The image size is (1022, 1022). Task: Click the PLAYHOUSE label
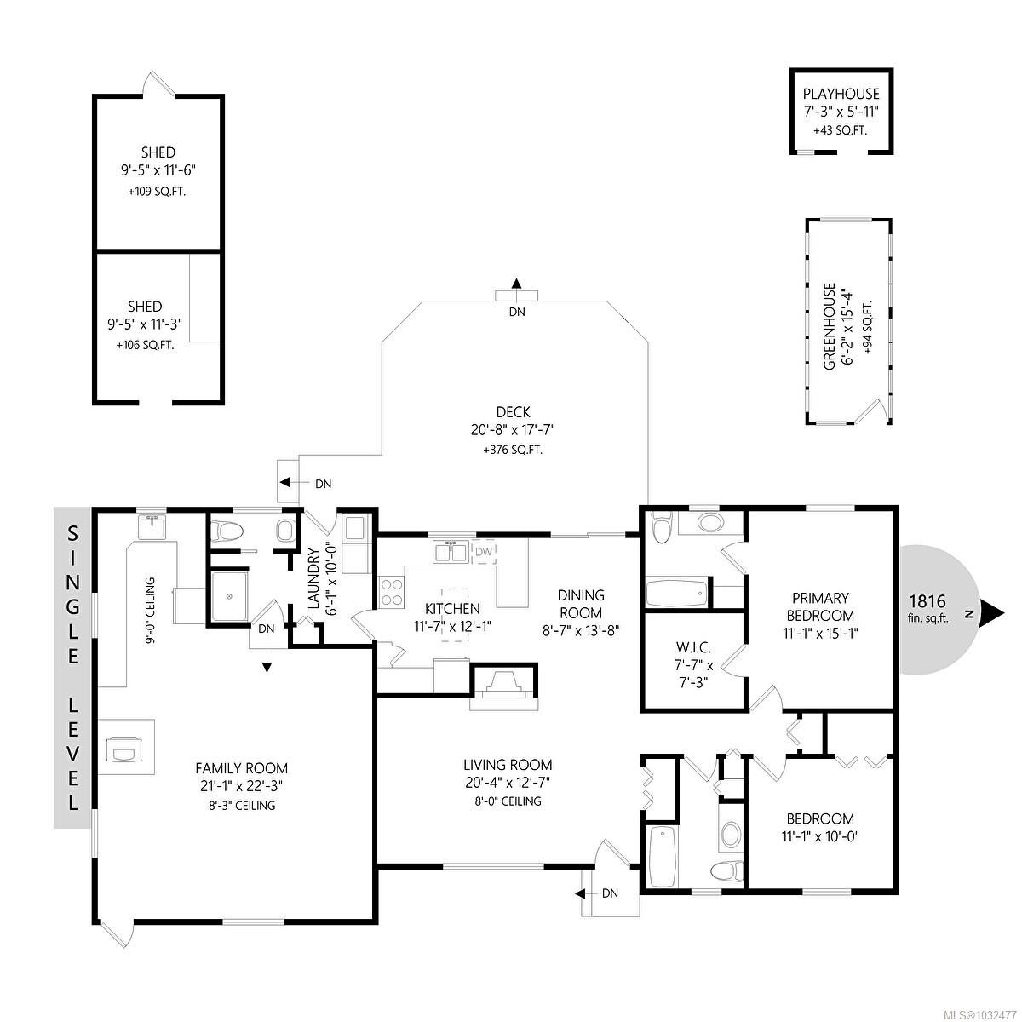841,95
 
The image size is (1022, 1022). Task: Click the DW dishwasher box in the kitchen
484,552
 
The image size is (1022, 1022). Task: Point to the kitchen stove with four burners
392,592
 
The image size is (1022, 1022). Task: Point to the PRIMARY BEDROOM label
822,606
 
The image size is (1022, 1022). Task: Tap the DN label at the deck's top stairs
517,312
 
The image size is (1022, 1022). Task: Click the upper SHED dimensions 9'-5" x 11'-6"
159,170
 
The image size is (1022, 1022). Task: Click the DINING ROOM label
581,604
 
